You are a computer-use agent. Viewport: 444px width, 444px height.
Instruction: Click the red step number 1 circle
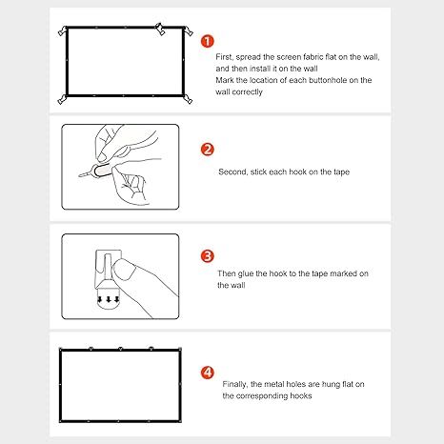(208, 41)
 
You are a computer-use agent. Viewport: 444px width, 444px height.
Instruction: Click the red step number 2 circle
(208, 150)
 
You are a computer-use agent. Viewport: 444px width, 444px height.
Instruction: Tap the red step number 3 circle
(208, 256)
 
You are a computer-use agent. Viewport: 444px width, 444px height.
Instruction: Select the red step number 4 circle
(208, 373)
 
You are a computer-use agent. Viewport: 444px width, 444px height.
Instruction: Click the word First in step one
(225, 57)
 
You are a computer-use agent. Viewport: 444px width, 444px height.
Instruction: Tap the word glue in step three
(245, 274)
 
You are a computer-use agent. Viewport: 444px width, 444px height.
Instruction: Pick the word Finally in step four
(235, 385)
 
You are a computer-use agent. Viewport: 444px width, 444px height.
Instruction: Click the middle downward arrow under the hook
(109, 299)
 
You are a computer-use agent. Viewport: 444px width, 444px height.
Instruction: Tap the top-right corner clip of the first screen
(188, 30)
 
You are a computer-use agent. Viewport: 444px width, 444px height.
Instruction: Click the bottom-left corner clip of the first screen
(63, 100)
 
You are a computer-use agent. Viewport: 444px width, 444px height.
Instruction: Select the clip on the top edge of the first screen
(160, 29)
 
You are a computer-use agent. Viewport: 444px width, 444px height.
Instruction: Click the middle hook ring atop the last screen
(120, 349)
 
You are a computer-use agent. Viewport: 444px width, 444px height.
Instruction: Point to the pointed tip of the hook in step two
(79, 175)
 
